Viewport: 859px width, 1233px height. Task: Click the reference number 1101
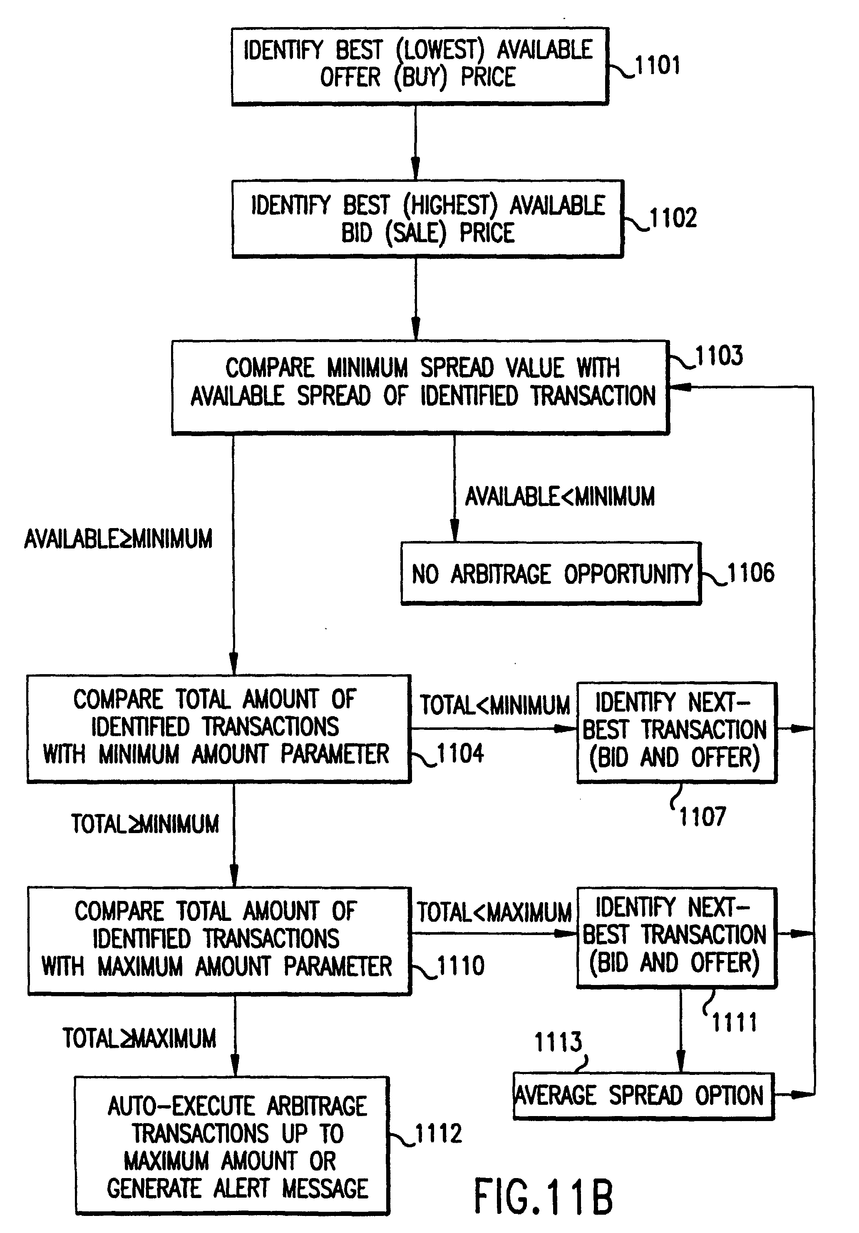(658, 65)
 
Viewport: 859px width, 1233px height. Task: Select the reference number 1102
(673, 218)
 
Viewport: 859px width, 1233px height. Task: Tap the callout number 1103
(719, 355)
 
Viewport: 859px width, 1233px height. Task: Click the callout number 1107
(702, 817)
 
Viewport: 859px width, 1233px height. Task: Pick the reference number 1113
(558, 1042)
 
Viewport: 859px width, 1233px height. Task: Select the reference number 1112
(438, 1134)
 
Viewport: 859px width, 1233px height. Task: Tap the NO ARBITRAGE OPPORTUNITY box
(551, 573)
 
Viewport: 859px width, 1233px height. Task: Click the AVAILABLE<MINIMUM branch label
(560, 496)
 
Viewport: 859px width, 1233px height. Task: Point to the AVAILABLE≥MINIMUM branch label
(118, 538)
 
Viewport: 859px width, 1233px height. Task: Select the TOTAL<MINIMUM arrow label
(495, 705)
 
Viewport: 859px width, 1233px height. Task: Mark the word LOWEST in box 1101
(440, 50)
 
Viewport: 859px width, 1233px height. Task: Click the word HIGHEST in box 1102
(450, 205)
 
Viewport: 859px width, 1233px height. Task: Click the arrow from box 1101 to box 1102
(415, 142)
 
